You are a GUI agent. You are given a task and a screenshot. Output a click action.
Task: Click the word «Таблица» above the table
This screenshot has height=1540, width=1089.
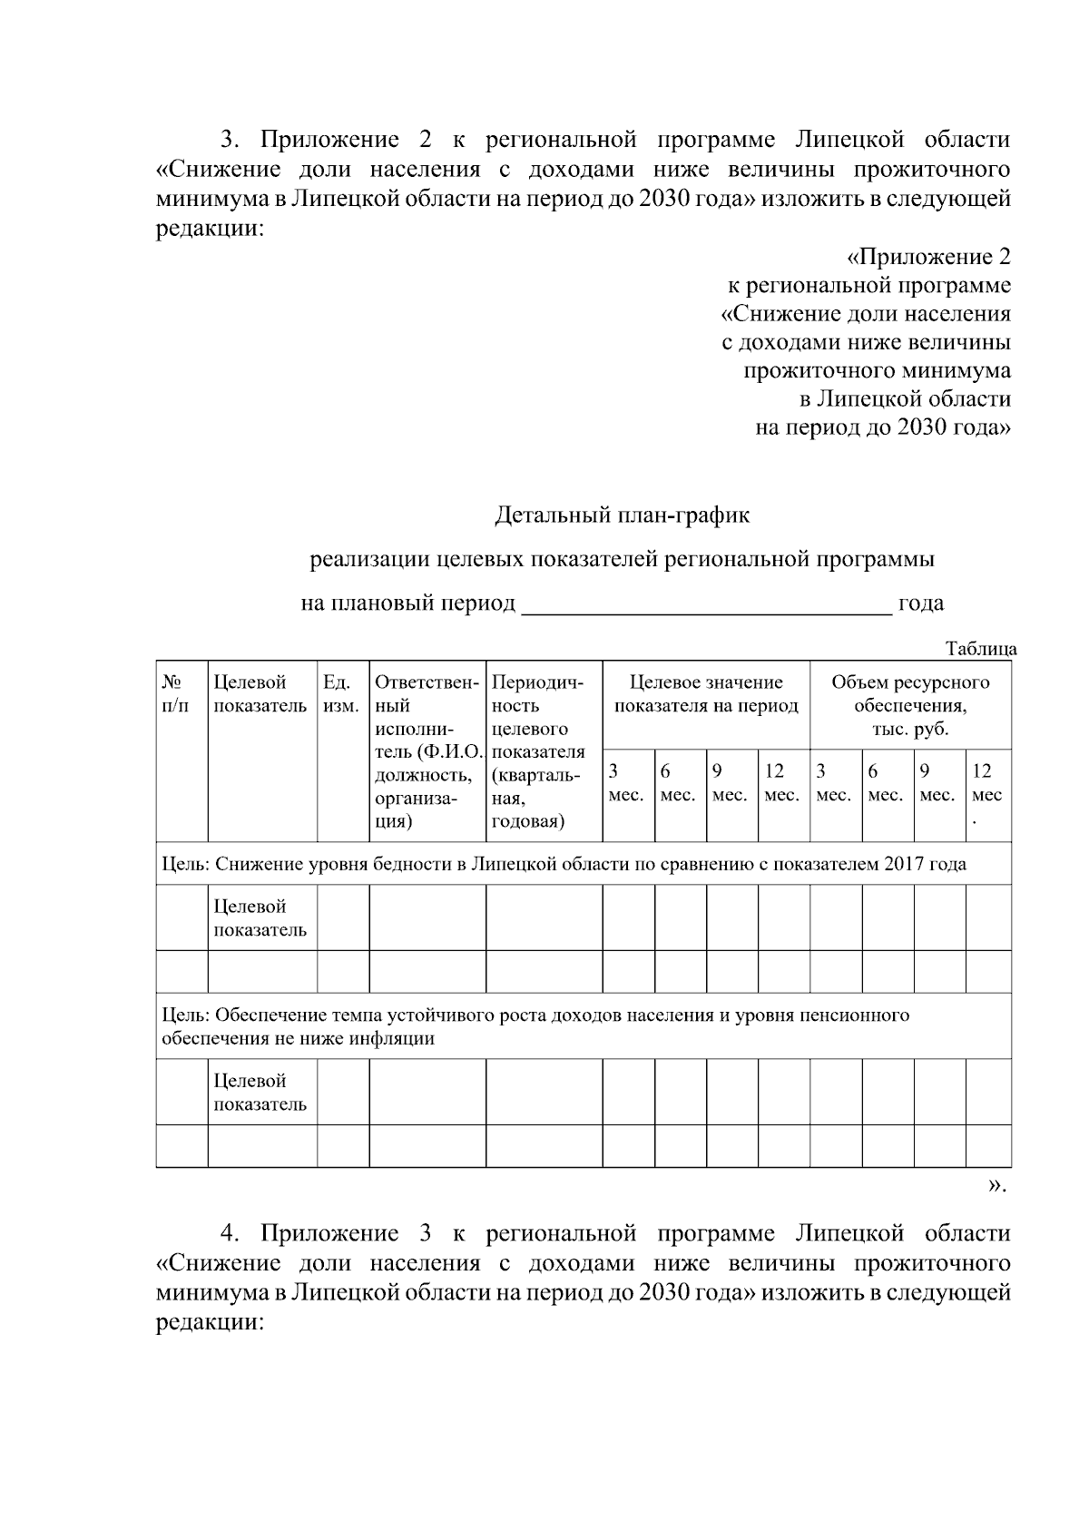click(x=980, y=649)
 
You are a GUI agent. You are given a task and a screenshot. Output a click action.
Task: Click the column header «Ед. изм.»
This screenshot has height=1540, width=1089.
click(x=341, y=693)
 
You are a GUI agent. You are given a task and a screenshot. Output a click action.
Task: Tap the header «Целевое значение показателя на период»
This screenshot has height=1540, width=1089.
click(x=706, y=694)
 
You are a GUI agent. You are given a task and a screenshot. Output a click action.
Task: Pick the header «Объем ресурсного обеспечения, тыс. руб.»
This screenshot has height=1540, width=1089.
click(x=910, y=705)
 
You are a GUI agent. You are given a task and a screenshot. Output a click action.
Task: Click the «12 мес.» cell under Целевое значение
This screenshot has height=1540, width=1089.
click(x=782, y=783)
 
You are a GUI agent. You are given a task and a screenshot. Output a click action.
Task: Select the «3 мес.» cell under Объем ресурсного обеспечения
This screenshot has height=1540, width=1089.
click(x=834, y=783)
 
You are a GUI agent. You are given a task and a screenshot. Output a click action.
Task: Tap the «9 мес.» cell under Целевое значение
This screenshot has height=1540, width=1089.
click(x=731, y=783)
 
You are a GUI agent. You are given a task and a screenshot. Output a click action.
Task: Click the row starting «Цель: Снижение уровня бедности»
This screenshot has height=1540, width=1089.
click(x=563, y=864)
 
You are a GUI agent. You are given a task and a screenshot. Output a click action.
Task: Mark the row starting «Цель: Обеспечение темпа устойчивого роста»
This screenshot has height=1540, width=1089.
click(x=535, y=1026)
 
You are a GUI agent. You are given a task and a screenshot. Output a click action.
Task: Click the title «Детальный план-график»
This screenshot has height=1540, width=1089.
click(x=623, y=516)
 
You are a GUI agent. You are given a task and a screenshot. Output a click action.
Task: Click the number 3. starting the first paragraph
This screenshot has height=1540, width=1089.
click(x=231, y=141)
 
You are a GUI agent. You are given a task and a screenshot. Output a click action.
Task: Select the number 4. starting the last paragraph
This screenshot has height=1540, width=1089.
click(x=231, y=1234)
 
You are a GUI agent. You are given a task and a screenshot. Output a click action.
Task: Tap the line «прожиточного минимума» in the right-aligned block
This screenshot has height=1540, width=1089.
click(x=877, y=370)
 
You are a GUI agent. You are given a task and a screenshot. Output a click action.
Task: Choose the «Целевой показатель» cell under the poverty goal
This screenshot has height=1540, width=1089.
click(x=260, y=918)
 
